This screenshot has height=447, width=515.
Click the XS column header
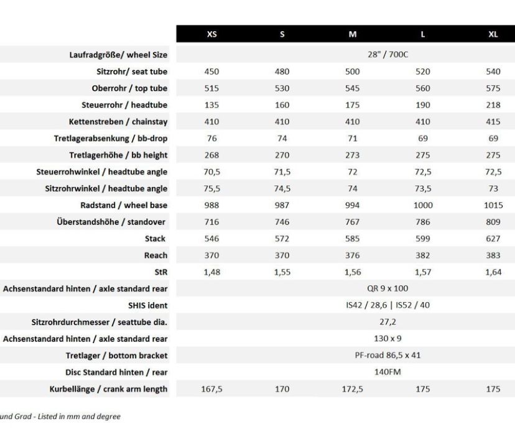click(211, 34)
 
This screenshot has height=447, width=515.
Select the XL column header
click(493, 34)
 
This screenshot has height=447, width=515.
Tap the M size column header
click(352, 34)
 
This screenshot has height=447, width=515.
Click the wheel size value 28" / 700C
click(387, 55)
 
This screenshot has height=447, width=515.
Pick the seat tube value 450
click(211, 71)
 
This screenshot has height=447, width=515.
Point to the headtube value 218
click(493, 105)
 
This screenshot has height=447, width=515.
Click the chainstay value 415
click(493, 122)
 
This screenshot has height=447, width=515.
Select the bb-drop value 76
click(211, 139)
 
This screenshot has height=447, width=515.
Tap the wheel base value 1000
click(423, 205)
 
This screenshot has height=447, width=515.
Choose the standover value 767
click(352, 222)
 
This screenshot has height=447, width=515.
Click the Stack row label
click(155, 239)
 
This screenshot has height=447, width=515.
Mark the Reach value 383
click(493, 255)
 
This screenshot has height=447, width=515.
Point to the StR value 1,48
click(211, 272)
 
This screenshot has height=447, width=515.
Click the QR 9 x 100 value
click(387, 288)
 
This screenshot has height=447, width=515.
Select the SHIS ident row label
click(147, 305)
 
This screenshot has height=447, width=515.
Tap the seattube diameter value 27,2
click(387, 322)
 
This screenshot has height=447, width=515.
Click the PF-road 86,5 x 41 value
click(387, 356)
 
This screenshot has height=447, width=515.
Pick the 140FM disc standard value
click(387, 372)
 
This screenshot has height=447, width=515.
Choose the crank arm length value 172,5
click(352, 389)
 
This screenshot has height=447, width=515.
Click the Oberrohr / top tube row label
click(129, 88)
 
